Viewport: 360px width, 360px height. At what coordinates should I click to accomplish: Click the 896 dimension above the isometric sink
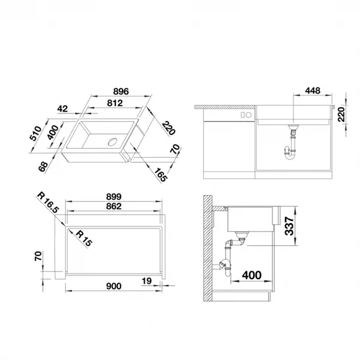[x=121, y=92]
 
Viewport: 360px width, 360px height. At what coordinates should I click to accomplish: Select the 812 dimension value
[x=115, y=103]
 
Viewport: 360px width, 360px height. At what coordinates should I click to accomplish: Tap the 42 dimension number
[x=62, y=109]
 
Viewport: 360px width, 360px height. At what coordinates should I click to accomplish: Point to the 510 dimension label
[x=36, y=133]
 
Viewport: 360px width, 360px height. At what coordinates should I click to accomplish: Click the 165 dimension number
[x=160, y=175]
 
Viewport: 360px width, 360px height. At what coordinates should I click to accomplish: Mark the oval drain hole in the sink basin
[x=113, y=142]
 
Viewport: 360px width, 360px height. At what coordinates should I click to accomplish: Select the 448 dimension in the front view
[x=313, y=91]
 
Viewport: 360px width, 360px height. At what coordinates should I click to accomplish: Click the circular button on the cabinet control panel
[x=248, y=115]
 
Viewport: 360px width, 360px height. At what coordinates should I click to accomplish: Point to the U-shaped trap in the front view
[x=290, y=154]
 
